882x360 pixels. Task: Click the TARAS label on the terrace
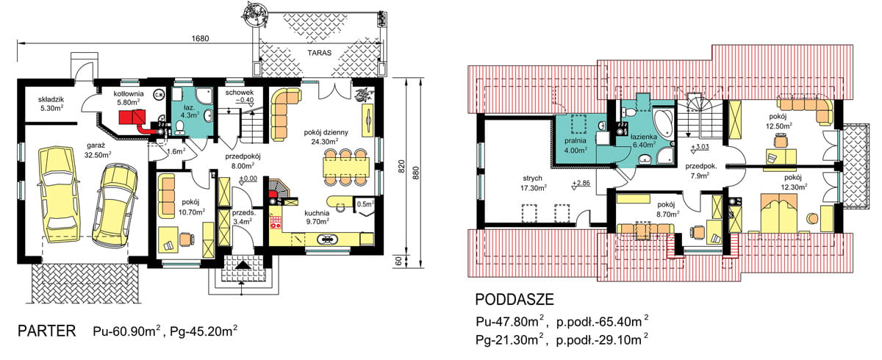point(319,53)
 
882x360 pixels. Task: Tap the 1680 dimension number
point(200,38)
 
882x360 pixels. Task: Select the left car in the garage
point(58,194)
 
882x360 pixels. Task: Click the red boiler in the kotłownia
point(132,117)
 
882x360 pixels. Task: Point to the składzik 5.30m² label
point(51,104)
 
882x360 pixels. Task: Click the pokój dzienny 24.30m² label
point(326,137)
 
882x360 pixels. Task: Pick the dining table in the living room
point(346,167)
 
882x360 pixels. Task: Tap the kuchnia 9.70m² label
point(317,217)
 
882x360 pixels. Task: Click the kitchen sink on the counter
point(328,239)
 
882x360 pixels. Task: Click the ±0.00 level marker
point(248,179)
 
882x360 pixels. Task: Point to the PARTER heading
point(47,331)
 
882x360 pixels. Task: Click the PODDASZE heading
point(514,300)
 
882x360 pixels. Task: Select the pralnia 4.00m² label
point(576,145)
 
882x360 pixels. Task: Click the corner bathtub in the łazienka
point(664,123)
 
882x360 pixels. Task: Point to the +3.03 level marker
point(700,148)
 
